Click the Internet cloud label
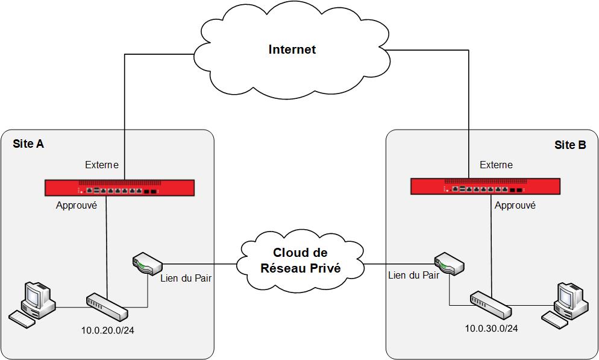(x=292, y=49)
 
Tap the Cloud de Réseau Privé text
(x=300, y=261)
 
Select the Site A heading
(x=28, y=144)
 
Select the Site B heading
(x=569, y=145)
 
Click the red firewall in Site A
(x=120, y=188)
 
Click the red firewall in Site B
(x=485, y=186)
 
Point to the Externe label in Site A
(x=102, y=165)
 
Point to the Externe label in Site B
(x=496, y=165)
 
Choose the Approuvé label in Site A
(x=77, y=205)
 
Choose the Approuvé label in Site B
(x=515, y=205)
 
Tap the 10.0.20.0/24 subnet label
(x=107, y=330)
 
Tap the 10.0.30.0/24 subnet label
(x=491, y=329)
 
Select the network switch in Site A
(x=107, y=307)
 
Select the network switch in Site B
(x=491, y=305)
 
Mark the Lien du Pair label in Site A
(x=186, y=278)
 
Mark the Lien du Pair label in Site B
(x=413, y=276)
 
